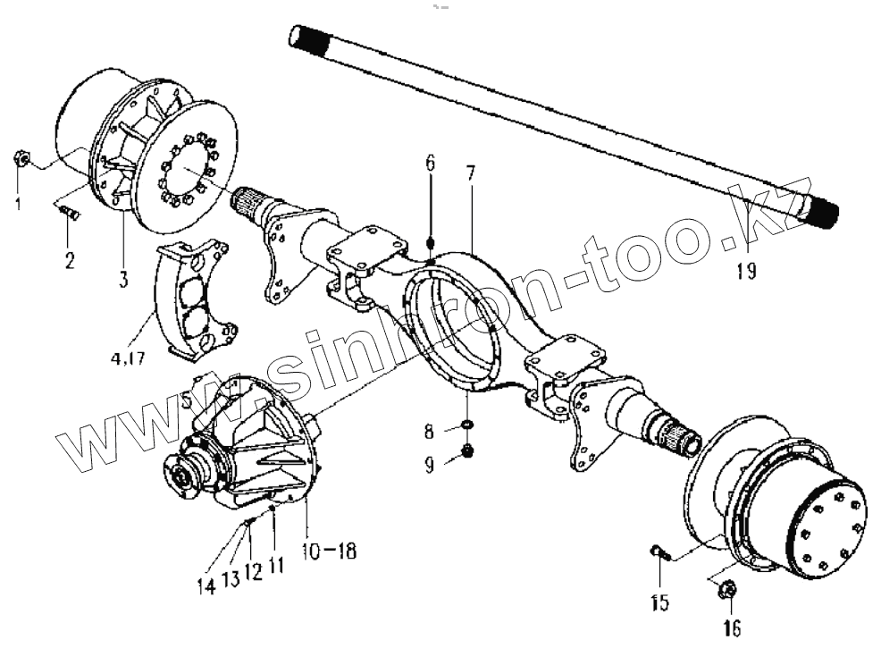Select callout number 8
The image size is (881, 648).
tap(431, 432)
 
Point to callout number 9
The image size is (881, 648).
tap(430, 464)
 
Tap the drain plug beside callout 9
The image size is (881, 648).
tap(466, 452)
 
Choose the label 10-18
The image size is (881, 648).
tap(328, 551)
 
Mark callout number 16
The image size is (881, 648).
tap(730, 629)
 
